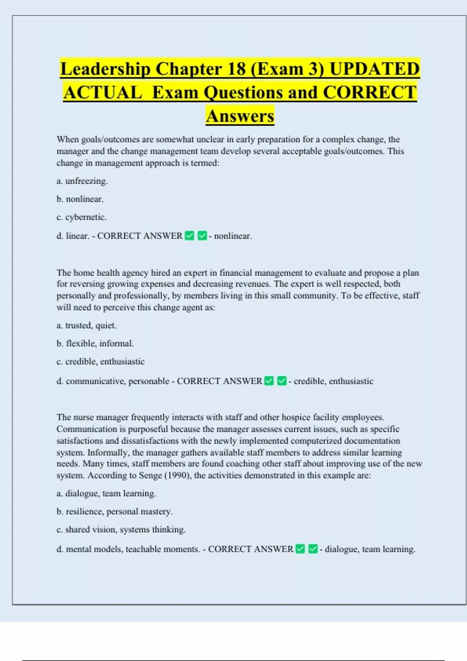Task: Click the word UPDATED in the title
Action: [374, 69]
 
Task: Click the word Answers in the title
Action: [240, 116]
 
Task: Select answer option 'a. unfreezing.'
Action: [82, 181]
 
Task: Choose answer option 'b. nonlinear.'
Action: [80, 199]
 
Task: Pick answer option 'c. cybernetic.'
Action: [81, 217]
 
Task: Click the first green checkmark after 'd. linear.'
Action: [190, 236]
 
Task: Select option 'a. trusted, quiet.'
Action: [86, 325]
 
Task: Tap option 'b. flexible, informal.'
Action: [95, 343]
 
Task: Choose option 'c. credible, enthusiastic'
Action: [100, 362]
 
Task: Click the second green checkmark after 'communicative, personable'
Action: [282, 381]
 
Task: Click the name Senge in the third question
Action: [151, 476]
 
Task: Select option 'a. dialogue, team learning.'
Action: [106, 493]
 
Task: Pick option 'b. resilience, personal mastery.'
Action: [114, 511]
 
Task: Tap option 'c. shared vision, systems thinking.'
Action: [121, 530]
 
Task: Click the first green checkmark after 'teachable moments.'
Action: [300, 549]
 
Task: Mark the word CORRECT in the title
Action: [370, 93]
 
